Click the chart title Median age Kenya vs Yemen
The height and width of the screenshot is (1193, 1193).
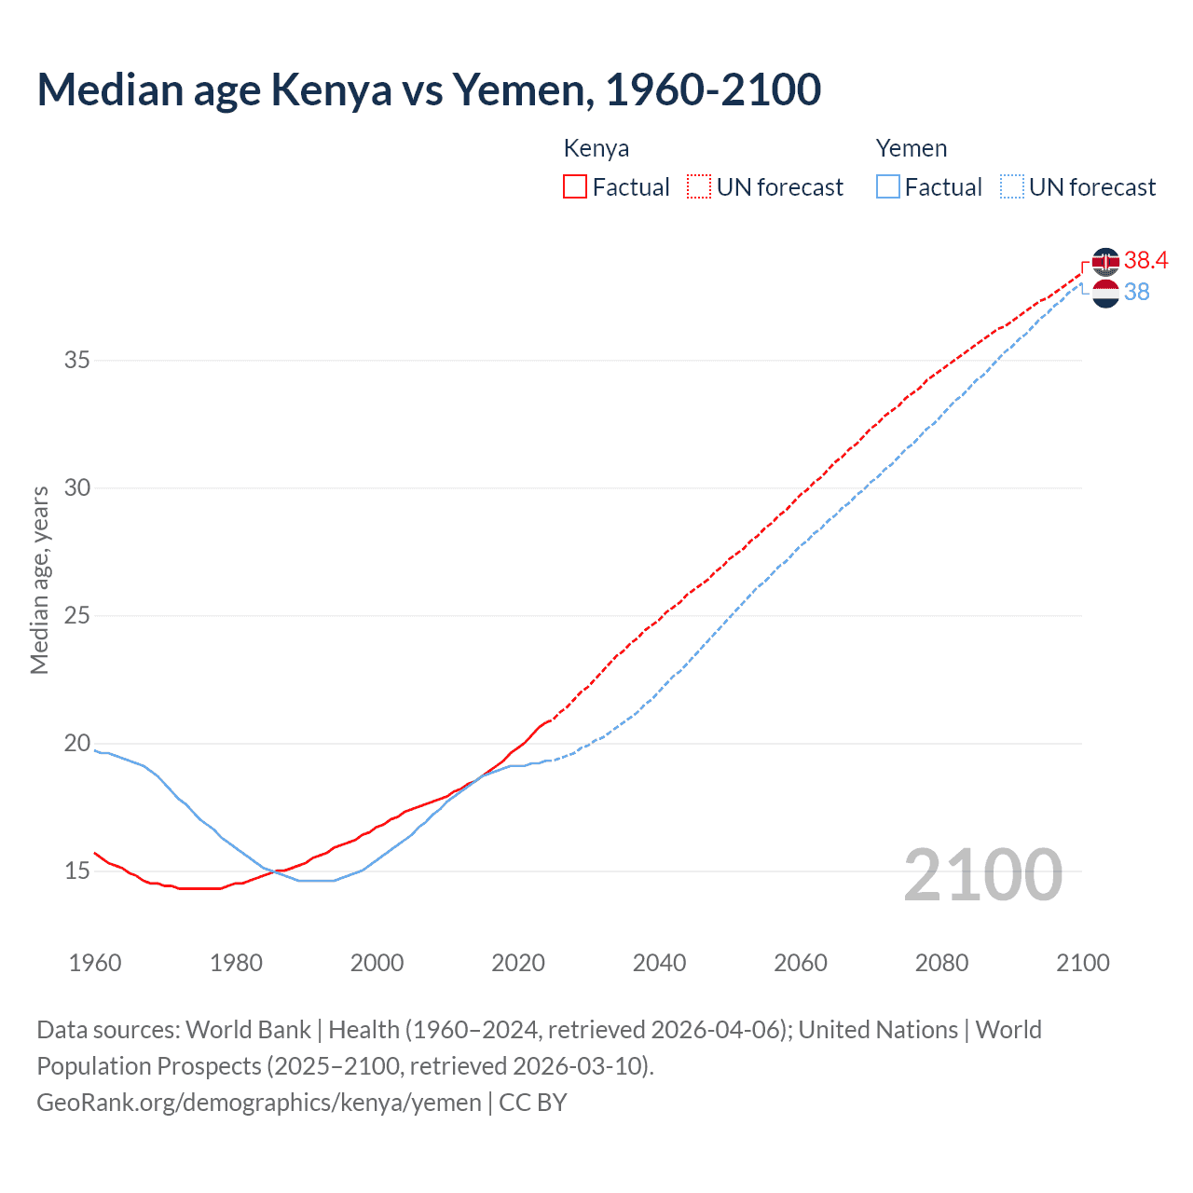coord(429,89)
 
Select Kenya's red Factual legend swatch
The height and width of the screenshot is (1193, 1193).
coord(575,187)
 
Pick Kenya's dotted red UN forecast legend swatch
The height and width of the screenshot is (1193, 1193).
coord(699,187)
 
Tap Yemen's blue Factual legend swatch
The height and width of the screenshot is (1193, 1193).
coord(888,187)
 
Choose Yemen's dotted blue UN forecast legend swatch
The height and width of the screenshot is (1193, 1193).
coord(1012,187)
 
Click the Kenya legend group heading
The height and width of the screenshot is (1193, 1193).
coord(596,148)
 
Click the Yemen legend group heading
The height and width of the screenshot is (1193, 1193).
coord(912,148)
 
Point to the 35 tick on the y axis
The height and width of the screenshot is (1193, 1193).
coord(77,360)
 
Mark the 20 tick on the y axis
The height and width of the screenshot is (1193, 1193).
coord(77,743)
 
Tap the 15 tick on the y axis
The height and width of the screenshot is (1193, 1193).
coord(77,871)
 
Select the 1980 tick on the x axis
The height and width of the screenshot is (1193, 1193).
coord(236,963)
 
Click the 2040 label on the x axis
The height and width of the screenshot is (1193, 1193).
coord(659,963)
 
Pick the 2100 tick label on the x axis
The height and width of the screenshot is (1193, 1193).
coord(1082,963)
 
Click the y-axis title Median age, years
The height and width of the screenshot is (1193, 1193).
coord(39,580)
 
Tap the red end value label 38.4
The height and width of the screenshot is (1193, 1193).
coord(1145,260)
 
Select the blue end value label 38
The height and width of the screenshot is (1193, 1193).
coord(1137,292)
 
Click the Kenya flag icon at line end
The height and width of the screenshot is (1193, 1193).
coord(1105,262)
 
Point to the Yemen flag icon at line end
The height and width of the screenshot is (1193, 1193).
coord(1105,294)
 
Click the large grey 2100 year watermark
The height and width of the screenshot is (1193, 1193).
coord(983,874)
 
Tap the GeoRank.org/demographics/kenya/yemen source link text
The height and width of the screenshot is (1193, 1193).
coord(259,1103)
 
